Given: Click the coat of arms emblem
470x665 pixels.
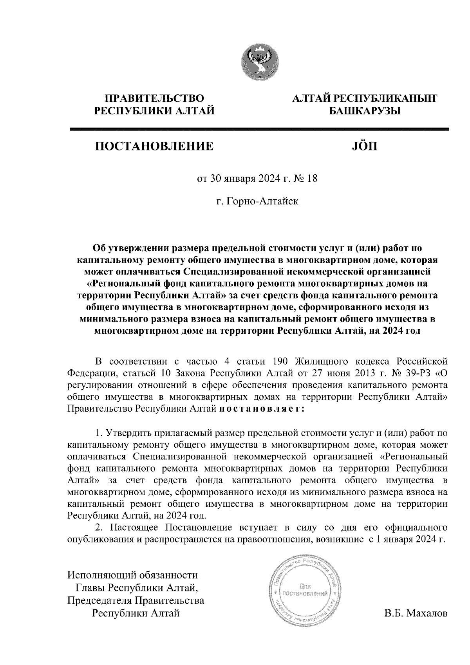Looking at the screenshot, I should pos(259,62).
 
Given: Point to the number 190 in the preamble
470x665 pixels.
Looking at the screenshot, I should pos(280,360).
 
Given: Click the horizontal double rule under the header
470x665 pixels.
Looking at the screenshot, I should pos(258,129).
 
